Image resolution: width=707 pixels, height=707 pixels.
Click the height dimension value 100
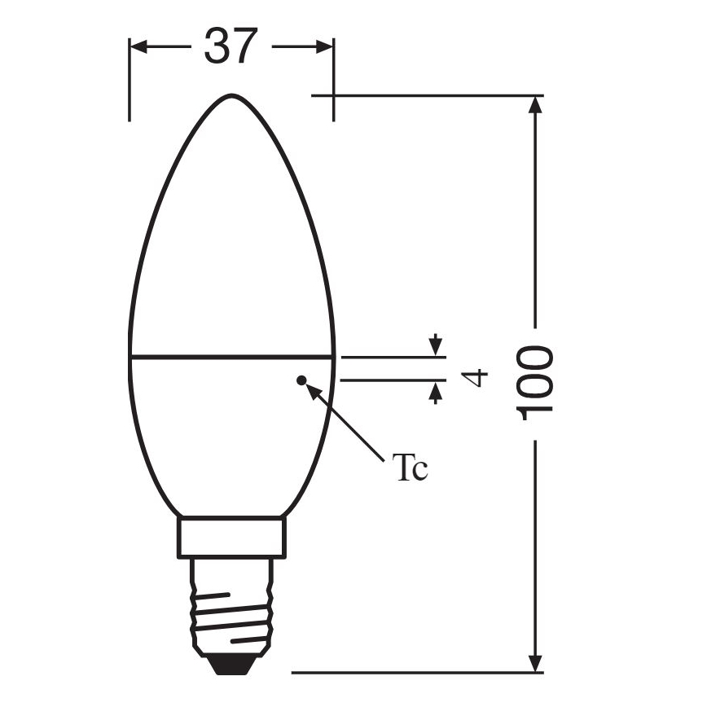(x=536, y=382)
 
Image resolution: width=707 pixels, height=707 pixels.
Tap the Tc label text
(x=411, y=470)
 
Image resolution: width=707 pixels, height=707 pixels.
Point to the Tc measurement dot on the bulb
(x=301, y=379)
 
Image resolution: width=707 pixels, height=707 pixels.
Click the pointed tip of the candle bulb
(x=231, y=95)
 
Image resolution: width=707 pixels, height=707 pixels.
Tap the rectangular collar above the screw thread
(x=231, y=539)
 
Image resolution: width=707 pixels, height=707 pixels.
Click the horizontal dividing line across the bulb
(x=231, y=357)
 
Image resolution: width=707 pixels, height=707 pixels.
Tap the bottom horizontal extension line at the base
(x=407, y=673)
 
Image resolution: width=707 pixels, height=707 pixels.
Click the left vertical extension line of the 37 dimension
(x=130, y=90)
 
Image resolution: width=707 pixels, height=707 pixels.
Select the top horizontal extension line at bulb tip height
(x=424, y=95)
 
